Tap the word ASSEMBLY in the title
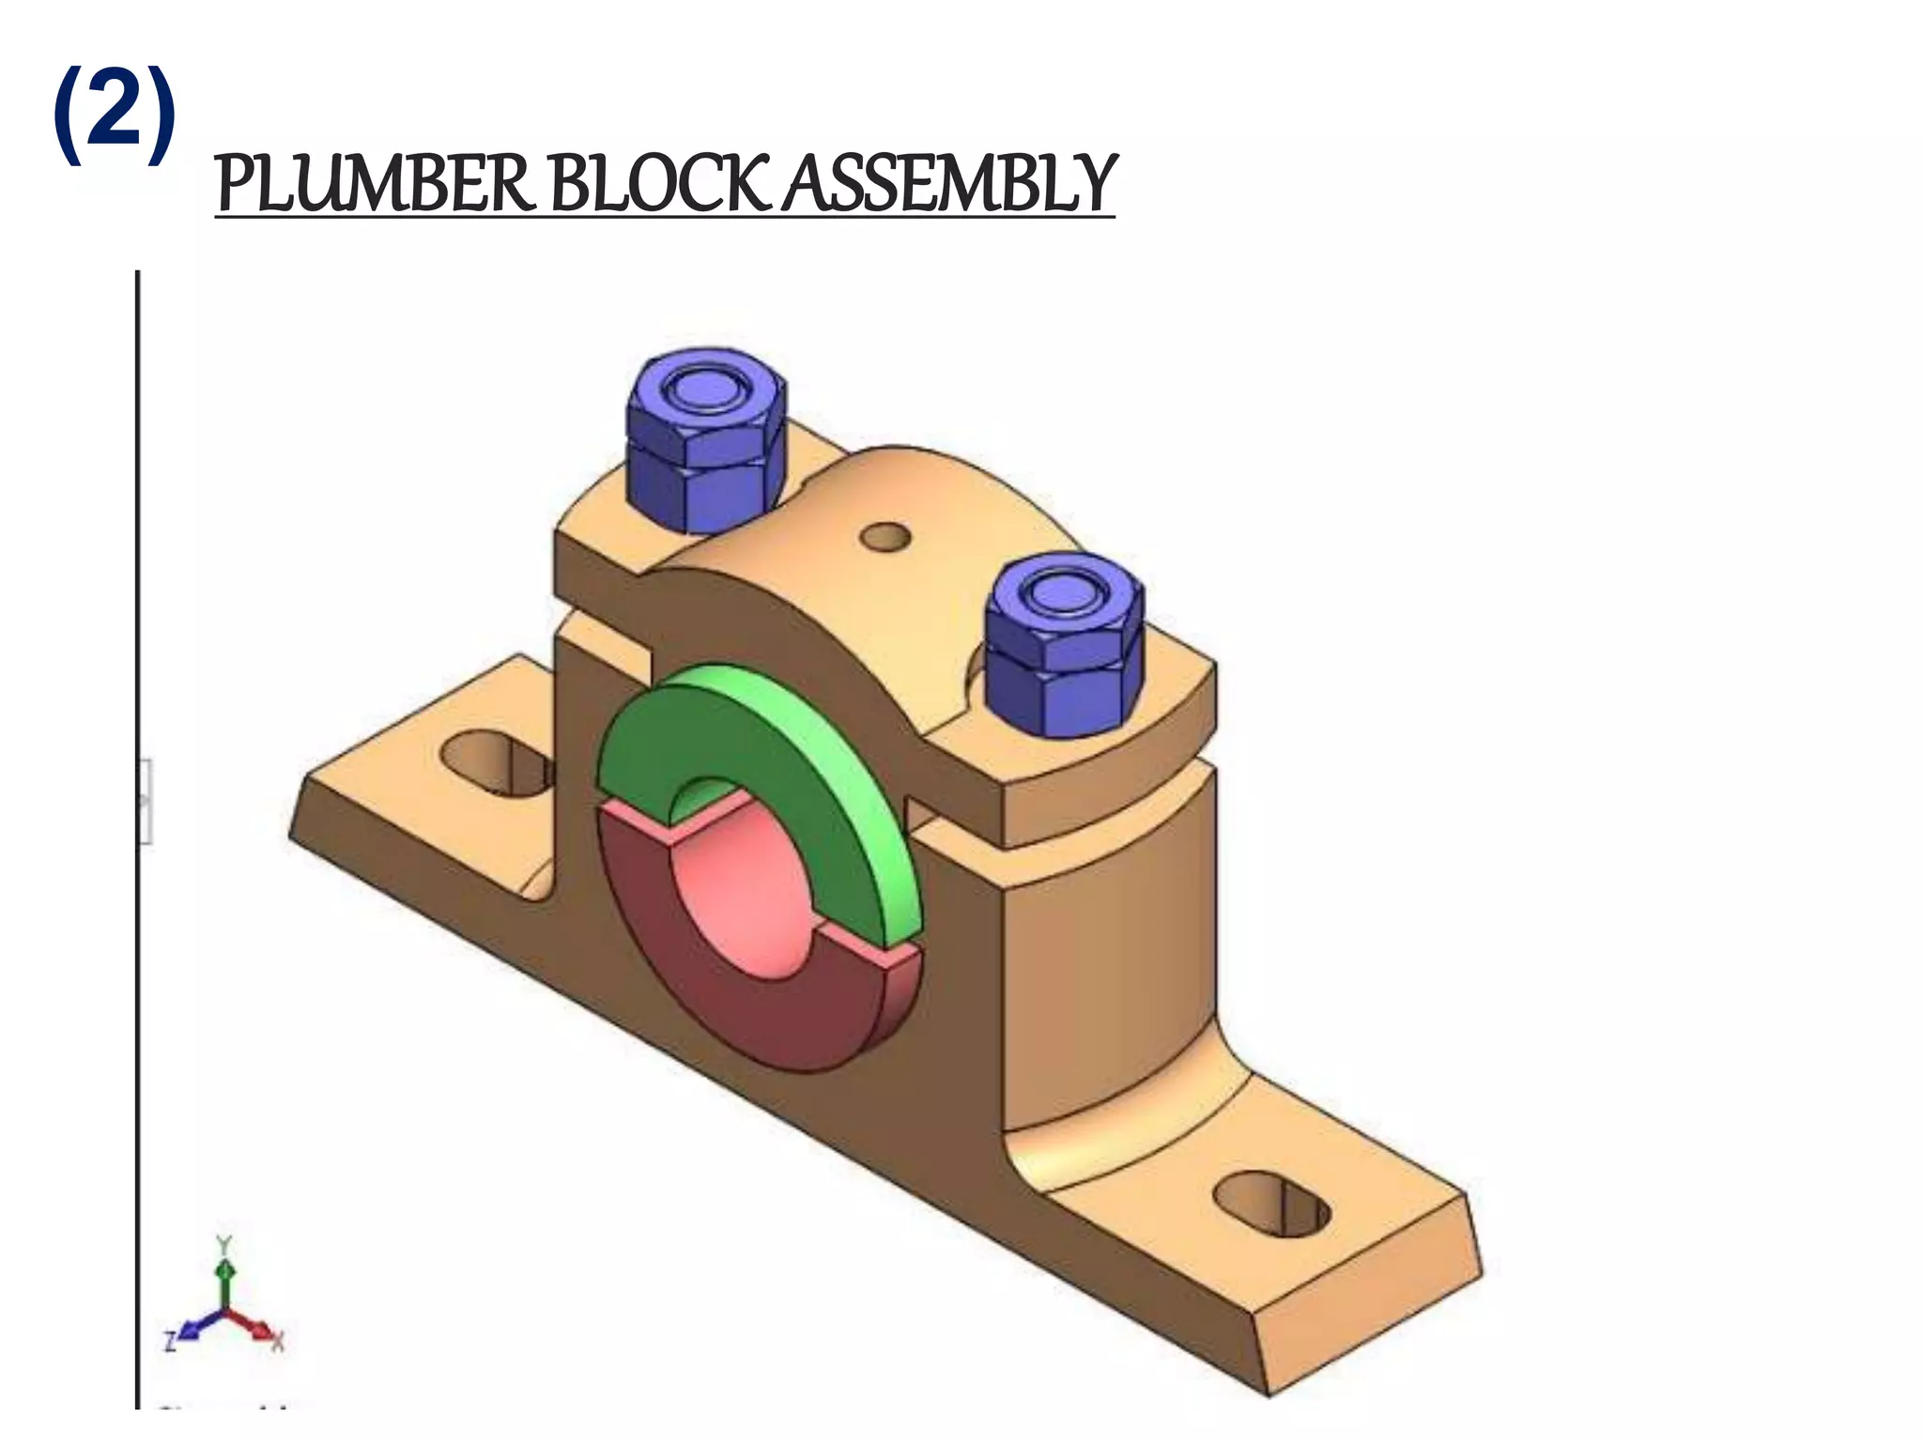[x=948, y=184]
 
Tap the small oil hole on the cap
[x=886, y=538]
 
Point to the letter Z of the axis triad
[x=170, y=1341]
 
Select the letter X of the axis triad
[x=278, y=1342]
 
